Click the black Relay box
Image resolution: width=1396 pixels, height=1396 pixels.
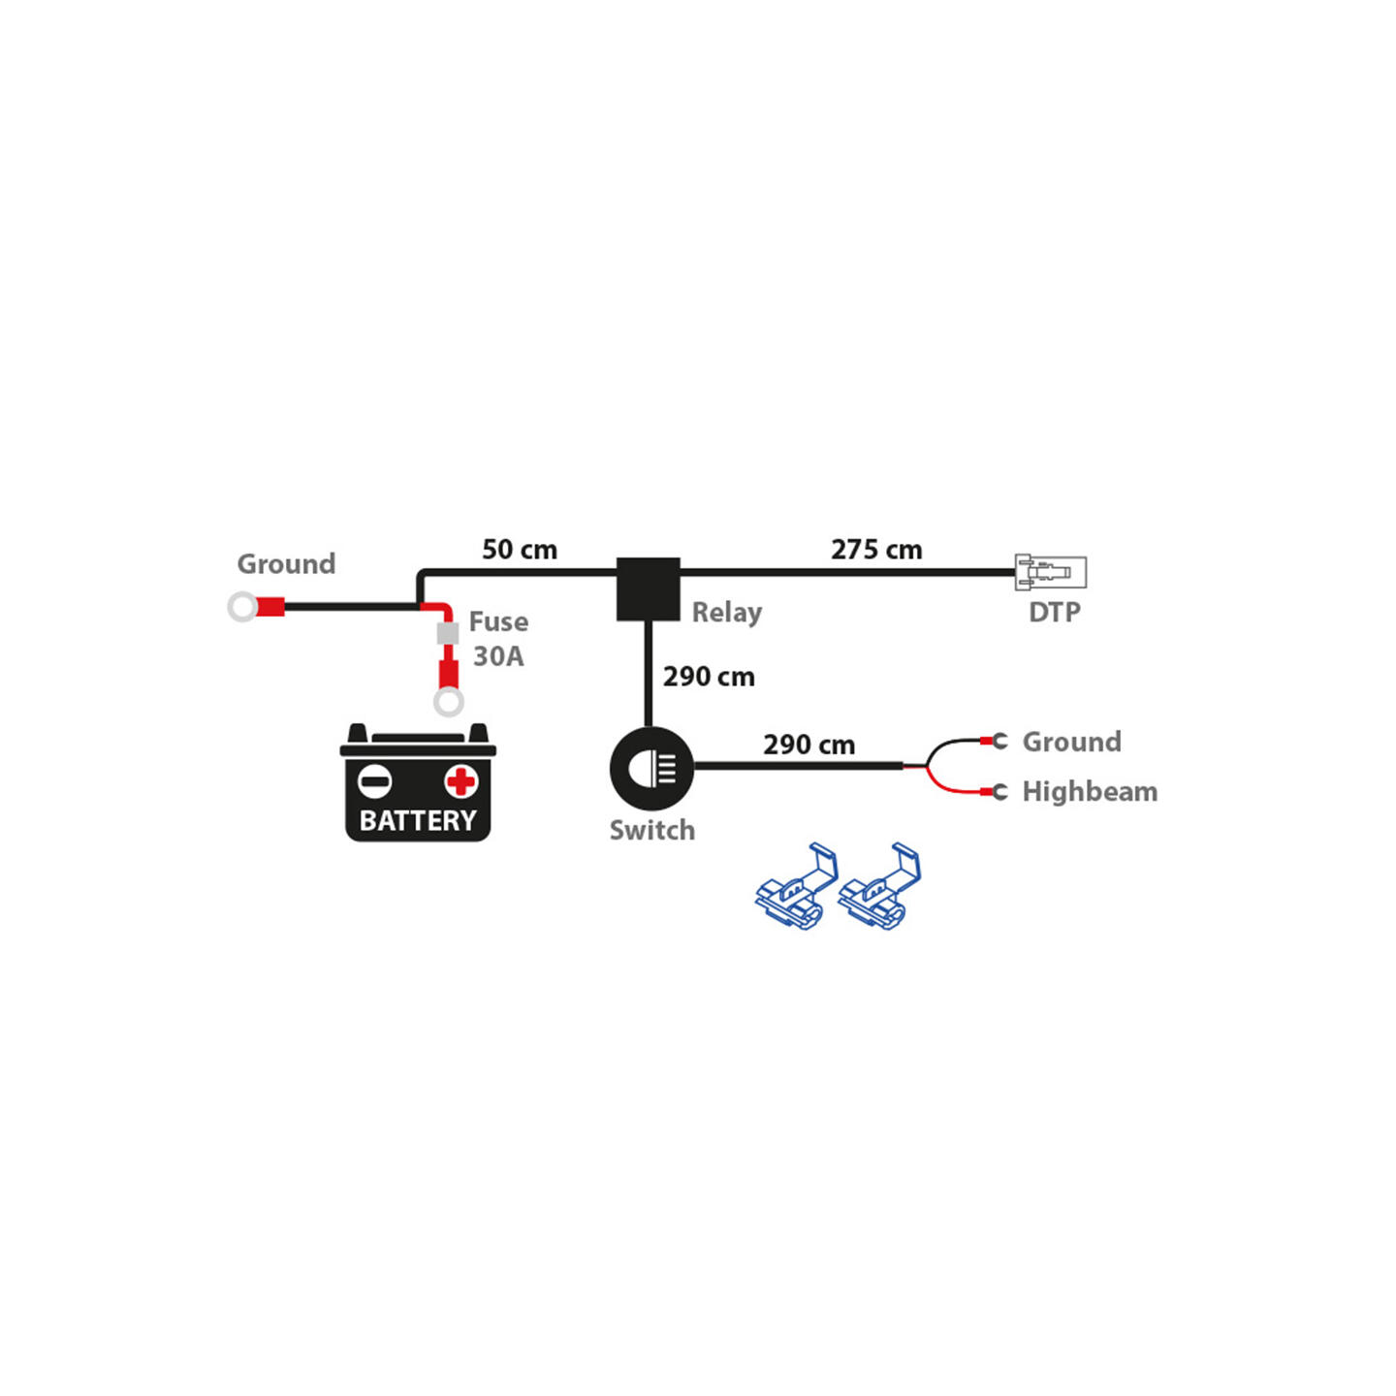point(649,588)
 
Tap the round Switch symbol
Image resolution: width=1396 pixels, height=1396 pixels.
point(651,768)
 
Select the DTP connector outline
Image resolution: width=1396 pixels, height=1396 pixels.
point(1050,572)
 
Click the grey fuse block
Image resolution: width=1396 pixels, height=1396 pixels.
point(448,634)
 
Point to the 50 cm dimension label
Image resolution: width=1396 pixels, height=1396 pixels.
point(520,550)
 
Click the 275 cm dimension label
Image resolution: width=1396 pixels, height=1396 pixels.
point(876,550)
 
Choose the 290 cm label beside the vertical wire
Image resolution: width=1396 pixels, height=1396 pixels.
point(709,677)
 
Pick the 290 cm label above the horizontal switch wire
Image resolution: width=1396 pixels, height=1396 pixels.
point(809,745)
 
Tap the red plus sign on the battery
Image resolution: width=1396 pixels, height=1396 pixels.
point(461,780)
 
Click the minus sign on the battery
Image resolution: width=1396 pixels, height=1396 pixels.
point(375,780)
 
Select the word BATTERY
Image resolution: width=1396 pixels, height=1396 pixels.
point(418,820)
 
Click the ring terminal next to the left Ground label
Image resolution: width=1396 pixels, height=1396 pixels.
point(243,607)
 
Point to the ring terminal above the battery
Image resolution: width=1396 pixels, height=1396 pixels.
point(448,701)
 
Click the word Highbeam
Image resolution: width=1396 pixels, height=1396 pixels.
point(1090,791)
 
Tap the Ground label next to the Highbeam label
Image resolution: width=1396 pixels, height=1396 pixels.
point(1071,742)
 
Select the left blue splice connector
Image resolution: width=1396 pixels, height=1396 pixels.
point(796,886)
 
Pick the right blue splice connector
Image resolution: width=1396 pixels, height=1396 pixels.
point(878,886)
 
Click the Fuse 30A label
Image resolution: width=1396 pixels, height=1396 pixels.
point(498,639)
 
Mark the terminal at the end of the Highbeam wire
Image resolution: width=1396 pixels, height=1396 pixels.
point(998,792)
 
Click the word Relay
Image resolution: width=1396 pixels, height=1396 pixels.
point(726,613)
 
